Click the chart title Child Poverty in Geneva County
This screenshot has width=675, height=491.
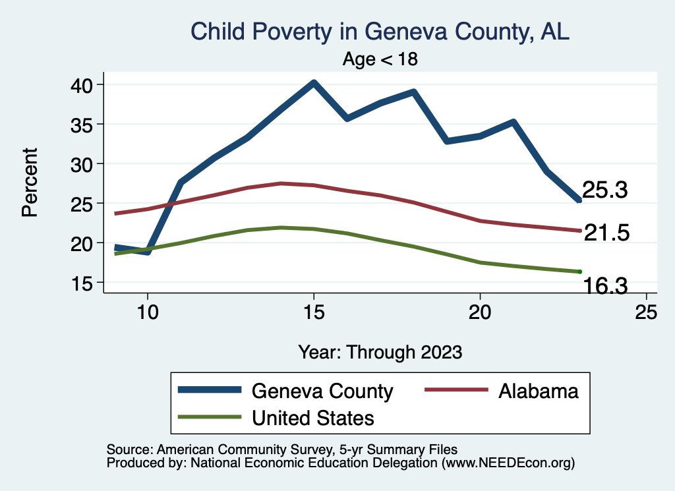pos(379,31)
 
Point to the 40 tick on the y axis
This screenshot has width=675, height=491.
pos(86,84)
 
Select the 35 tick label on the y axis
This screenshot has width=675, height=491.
pos(86,124)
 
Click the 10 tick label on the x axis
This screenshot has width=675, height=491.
pos(147,312)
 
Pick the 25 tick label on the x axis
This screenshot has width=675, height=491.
pos(646,312)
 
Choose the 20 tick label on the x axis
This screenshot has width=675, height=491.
pos(480,312)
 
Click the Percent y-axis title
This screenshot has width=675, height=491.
pos(29,183)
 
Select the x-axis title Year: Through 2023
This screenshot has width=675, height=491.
pos(380,351)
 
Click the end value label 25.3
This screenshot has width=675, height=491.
pos(604,190)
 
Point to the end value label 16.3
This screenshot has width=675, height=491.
pos(604,285)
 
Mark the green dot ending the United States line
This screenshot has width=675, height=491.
pos(579,272)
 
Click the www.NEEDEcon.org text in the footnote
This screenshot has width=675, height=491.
pos(507,463)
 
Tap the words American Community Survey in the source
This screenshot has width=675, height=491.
pos(218,449)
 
